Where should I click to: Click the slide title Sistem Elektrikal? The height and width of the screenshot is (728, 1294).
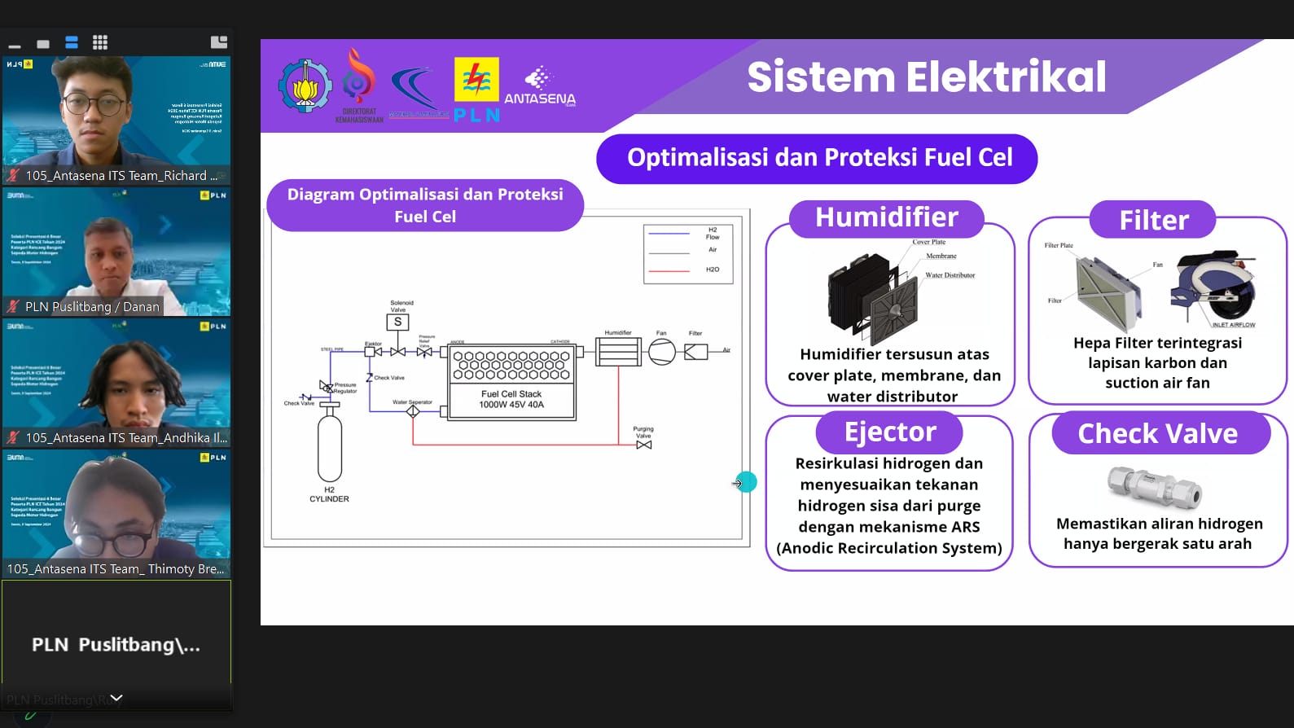click(x=926, y=77)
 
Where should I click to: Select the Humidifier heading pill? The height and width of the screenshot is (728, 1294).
click(x=886, y=218)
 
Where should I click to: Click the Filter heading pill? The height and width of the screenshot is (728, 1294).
click(x=1153, y=220)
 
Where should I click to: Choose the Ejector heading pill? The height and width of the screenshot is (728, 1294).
click(x=889, y=432)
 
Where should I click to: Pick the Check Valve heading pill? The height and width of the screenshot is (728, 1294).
click(x=1157, y=434)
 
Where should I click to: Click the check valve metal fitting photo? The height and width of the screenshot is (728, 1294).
click(x=1155, y=487)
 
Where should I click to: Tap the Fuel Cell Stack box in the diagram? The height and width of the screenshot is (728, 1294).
click(x=511, y=382)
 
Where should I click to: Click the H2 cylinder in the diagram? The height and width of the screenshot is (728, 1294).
click(x=329, y=446)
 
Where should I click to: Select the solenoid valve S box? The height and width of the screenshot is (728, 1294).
click(x=397, y=322)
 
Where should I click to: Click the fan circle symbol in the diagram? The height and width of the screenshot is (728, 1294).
click(x=661, y=352)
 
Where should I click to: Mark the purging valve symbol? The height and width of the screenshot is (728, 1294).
click(x=643, y=445)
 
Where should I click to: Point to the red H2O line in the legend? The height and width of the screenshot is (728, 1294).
click(x=669, y=270)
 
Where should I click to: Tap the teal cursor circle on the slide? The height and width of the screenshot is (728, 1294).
click(x=746, y=482)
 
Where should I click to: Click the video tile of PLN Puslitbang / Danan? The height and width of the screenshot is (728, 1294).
click(x=116, y=252)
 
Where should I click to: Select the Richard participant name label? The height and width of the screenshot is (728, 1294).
click(x=121, y=176)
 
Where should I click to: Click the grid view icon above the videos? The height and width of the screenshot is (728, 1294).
click(x=100, y=42)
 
